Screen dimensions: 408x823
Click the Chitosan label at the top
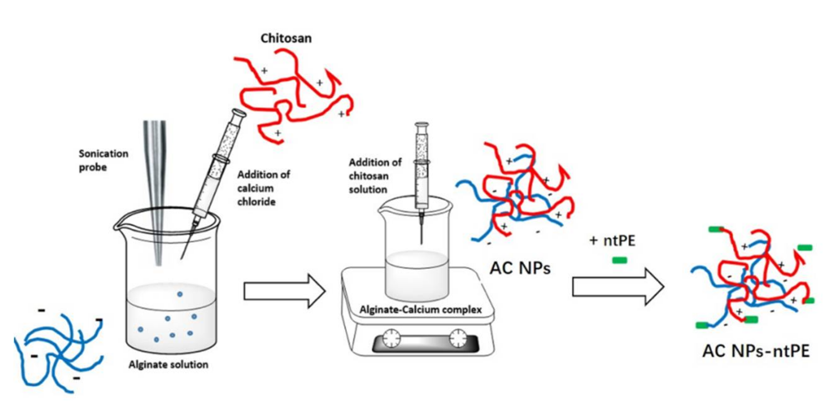(286, 38)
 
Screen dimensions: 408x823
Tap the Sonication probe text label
(103, 160)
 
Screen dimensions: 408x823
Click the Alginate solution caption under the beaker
(168, 364)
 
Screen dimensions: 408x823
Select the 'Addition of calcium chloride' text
(263, 188)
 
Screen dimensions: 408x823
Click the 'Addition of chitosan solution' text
(375, 176)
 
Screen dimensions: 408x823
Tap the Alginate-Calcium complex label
(420, 310)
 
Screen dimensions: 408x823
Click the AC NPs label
(520, 268)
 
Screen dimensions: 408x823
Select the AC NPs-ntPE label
(756, 351)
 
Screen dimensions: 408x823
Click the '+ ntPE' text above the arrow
(612, 241)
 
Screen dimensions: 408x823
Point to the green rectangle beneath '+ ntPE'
(620, 260)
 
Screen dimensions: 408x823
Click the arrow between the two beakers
(284, 291)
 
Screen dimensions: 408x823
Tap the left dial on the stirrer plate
(391, 338)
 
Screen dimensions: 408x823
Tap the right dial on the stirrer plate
(458, 338)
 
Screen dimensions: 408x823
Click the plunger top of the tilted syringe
(239, 113)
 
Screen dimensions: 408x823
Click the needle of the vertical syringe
(422, 230)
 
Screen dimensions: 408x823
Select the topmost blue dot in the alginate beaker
(180, 294)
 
